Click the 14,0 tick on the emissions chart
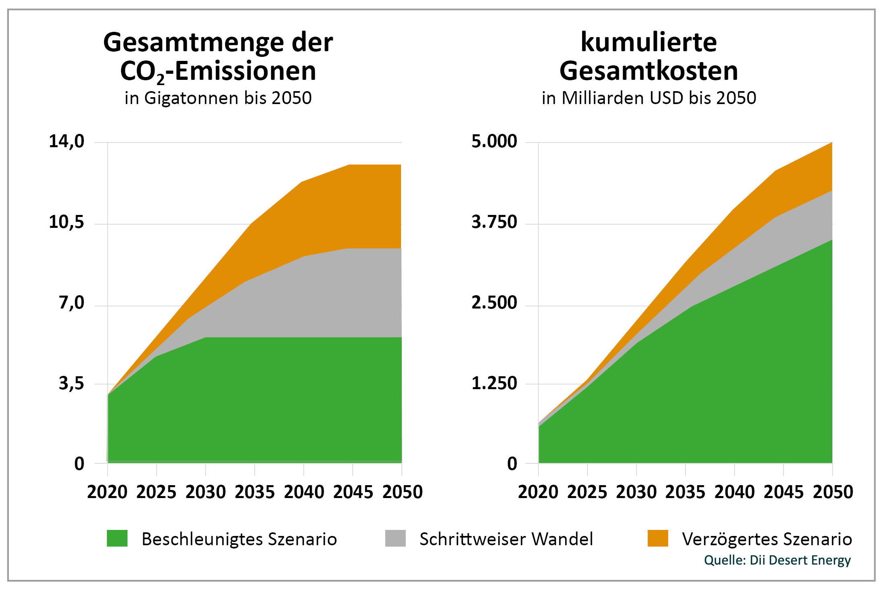(x=67, y=142)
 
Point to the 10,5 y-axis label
(x=67, y=222)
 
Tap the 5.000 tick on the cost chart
(x=494, y=142)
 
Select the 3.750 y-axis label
(x=494, y=222)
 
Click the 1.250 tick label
(x=494, y=383)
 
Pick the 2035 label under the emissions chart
(x=255, y=492)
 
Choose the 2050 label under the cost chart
(x=833, y=492)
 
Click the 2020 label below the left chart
(x=107, y=492)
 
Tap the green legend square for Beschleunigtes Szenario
(x=117, y=538)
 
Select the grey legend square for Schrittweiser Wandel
(x=395, y=538)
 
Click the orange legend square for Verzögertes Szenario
(x=658, y=538)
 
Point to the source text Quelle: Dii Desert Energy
(x=777, y=560)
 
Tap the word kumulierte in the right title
(x=648, y=42)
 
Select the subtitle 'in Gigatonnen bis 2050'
(x=218, y=98)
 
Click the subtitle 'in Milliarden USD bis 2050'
(x=648, y=98)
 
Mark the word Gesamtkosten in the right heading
(x=648, y=71)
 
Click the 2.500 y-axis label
(x=494, y=303)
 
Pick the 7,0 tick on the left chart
(x=72, y=303)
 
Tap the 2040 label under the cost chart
(x=734, y=492)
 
